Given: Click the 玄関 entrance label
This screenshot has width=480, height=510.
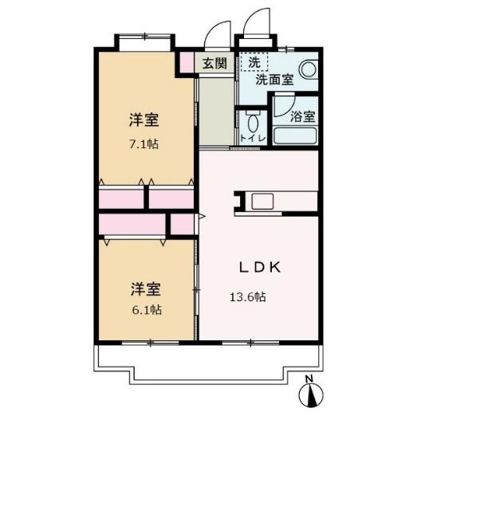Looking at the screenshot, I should coord(214,63).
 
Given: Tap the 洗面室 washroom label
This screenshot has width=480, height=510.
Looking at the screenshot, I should coord(273,80).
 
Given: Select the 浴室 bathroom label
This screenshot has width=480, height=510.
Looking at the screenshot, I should coord(302,116).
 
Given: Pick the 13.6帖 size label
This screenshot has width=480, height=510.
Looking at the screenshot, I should coord(248,297).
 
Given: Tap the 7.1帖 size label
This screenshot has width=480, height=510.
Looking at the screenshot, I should coord(144,145).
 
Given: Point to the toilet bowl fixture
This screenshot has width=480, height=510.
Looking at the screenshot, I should coord(254,123).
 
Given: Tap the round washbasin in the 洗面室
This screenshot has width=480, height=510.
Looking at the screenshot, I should coord(308,69).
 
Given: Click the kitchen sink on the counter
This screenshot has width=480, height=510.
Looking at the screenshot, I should coord(262,201).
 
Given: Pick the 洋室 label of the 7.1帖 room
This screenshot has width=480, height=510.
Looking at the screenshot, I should coord(144,121).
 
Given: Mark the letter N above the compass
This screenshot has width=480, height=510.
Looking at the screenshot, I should coord(313,379).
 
